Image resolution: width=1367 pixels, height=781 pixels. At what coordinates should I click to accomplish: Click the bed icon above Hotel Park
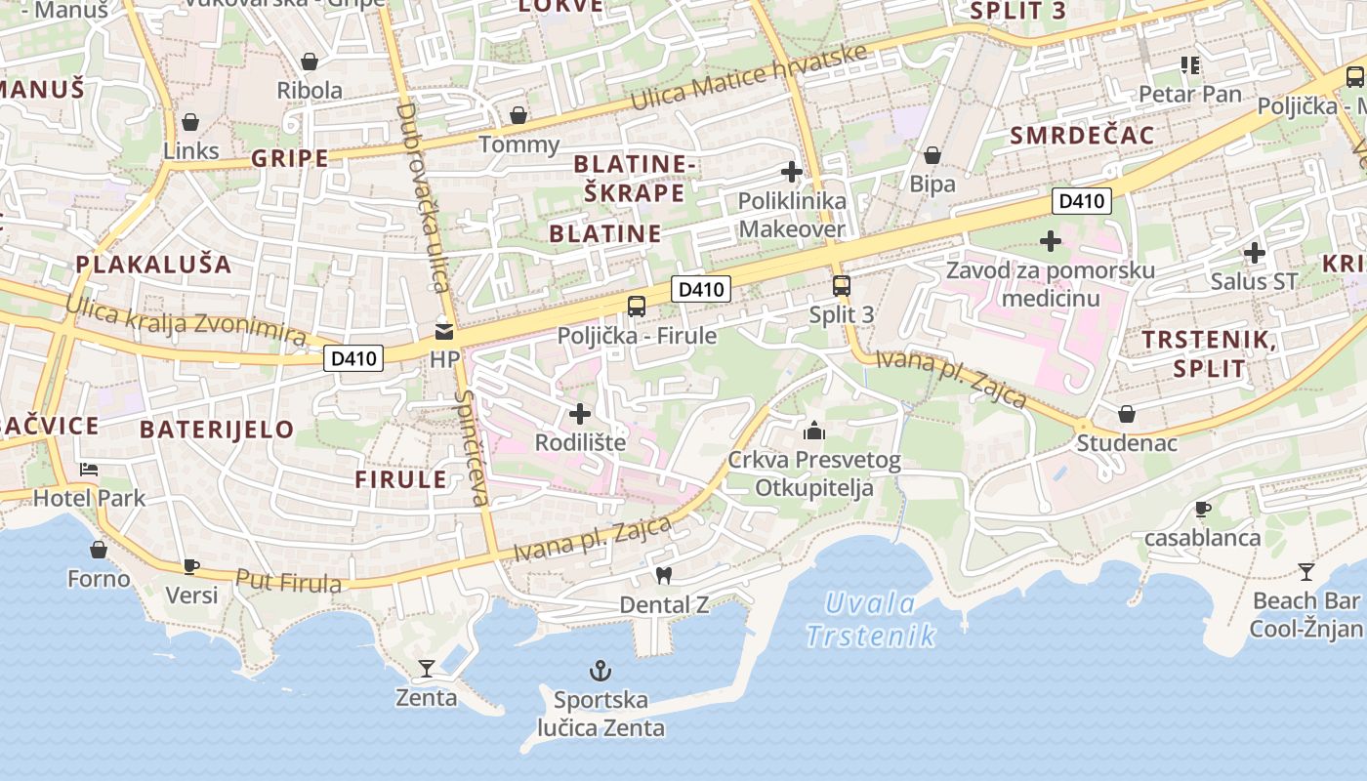pos(89,470)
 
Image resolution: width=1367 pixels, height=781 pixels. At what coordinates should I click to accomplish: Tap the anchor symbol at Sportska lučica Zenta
pos(601,671)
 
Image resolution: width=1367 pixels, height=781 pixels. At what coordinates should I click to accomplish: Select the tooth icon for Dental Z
pos(664,576)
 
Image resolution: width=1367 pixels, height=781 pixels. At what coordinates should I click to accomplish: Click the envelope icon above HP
pos(444,331)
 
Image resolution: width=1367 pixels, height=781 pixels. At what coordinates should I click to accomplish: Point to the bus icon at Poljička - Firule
pos(637,307)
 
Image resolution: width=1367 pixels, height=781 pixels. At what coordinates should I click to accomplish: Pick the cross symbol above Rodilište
pos(580,414)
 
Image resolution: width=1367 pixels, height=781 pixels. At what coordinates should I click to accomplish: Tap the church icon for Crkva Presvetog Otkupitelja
pos(813,430)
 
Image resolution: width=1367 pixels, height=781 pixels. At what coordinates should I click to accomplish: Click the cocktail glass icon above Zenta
pos(427,669)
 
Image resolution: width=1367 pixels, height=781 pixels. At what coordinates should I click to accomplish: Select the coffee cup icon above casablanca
pos(1203,509)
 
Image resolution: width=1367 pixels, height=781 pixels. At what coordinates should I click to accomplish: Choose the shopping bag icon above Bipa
pos(932,155)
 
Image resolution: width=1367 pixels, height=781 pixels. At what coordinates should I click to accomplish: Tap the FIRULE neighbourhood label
pos(400,479)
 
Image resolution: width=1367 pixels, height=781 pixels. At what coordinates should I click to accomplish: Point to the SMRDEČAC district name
pos(1082,136)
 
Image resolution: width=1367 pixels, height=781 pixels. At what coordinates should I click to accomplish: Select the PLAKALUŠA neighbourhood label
pos(153,265)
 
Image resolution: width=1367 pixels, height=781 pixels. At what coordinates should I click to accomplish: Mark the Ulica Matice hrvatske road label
pos(748,78)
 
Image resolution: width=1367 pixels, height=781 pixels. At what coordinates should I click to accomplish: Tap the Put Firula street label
pos(289,582)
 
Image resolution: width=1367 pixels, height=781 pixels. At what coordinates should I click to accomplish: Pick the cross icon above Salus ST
pos(1254,254)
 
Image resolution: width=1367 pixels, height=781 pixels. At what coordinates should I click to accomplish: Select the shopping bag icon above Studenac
pos(1126,414)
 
